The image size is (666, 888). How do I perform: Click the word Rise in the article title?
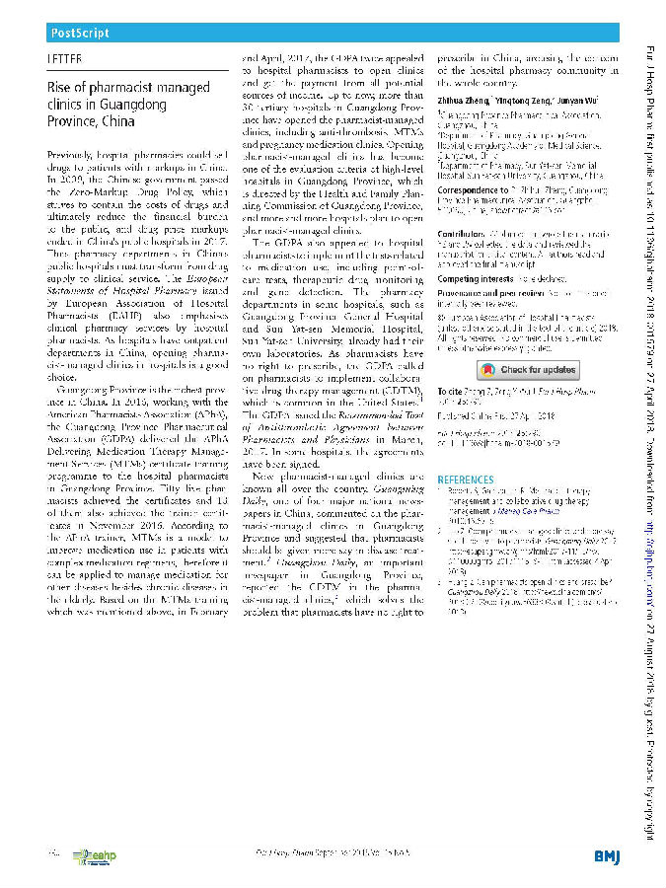pos(59,87)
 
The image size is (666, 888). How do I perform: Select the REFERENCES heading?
pos(467,480)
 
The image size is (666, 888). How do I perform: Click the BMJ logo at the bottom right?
pos(607,853)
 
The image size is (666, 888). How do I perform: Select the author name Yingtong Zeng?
pos(524,100)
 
